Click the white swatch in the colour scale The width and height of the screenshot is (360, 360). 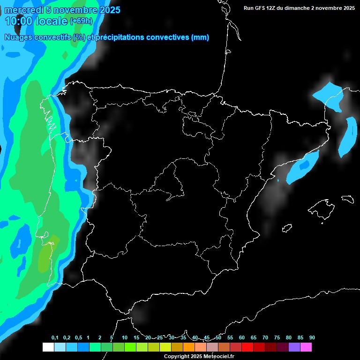point(48,347)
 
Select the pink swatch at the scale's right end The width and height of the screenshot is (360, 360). point(306,347)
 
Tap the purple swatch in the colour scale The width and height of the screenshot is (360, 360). point(294,347)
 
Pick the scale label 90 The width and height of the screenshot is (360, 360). point(312,338)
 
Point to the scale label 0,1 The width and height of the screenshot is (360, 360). point(55,338)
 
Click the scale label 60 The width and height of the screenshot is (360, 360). point(241,338)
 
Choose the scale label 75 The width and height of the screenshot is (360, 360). point(277,338)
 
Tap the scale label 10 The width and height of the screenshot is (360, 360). point(124,338)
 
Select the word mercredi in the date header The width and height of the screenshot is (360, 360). point(24,10)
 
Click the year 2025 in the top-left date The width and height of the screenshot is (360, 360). point(109,10)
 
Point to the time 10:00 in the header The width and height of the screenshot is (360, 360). point(19,21)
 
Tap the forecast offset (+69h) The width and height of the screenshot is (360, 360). point(81,21)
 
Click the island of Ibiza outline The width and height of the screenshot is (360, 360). point(287,228)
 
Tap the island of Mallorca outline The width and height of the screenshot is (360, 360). point(323,206)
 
